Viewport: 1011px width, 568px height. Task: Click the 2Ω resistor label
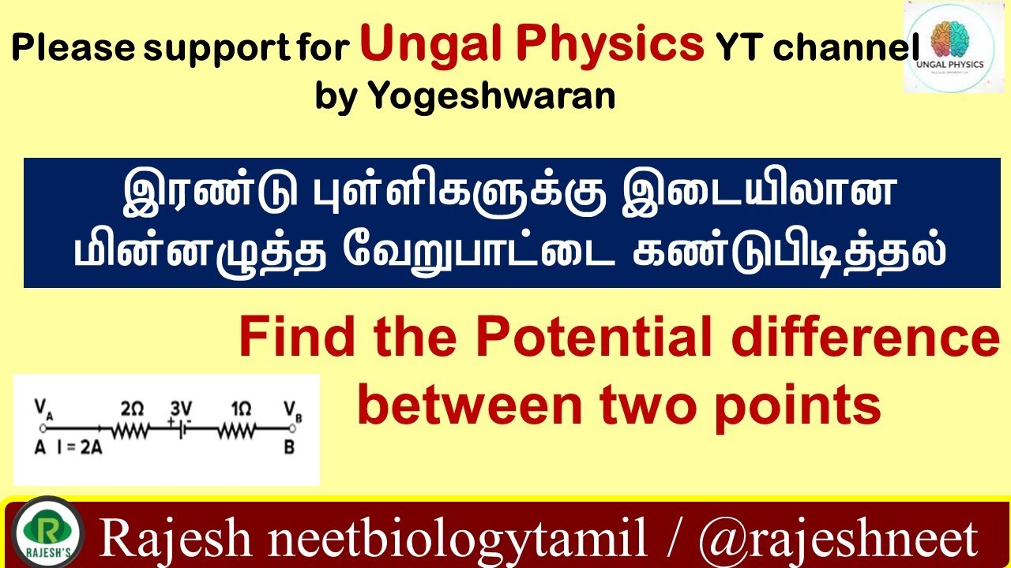(132, 409)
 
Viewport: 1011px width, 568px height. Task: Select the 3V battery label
(181, 409)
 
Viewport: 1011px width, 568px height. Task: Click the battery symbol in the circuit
(181, 430)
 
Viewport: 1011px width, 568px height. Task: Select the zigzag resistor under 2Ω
(131, 430)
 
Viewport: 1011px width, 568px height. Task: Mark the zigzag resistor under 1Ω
(236, 430)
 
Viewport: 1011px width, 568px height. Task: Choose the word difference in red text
(865, 338)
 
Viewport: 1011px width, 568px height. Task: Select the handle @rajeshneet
(838, 538)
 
